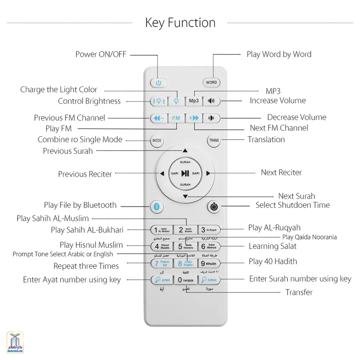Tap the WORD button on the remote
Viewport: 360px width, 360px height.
[211, 82]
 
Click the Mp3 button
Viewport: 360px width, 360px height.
[194, 101]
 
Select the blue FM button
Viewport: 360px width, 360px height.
[176, 118]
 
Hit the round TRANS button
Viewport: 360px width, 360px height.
[214, 140]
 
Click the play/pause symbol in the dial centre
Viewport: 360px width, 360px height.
[185, 173]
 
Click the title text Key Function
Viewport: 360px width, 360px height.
[180, 23]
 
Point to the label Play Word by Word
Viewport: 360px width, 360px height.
[279, 54]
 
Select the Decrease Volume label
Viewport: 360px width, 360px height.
[297, 117]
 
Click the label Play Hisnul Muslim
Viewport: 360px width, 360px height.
[91, 245]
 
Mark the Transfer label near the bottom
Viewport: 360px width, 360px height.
[299, 292]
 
